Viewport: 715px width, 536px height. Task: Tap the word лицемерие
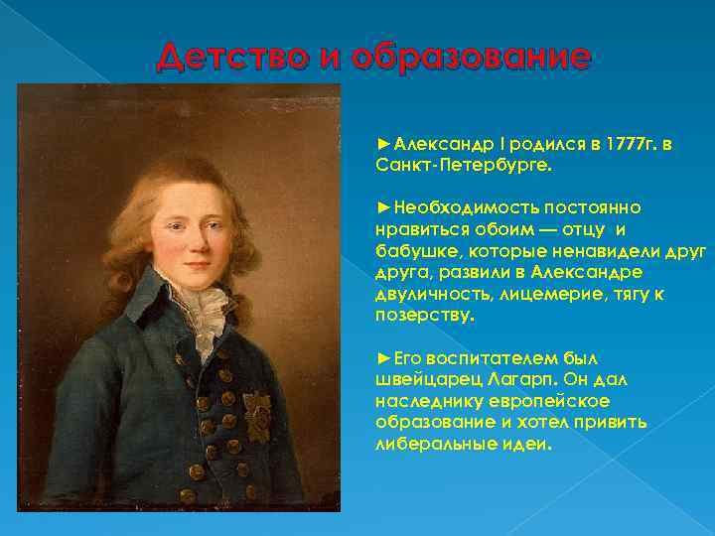click(x=541, y=295)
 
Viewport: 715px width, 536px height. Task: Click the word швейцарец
click(x=412, y=379)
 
